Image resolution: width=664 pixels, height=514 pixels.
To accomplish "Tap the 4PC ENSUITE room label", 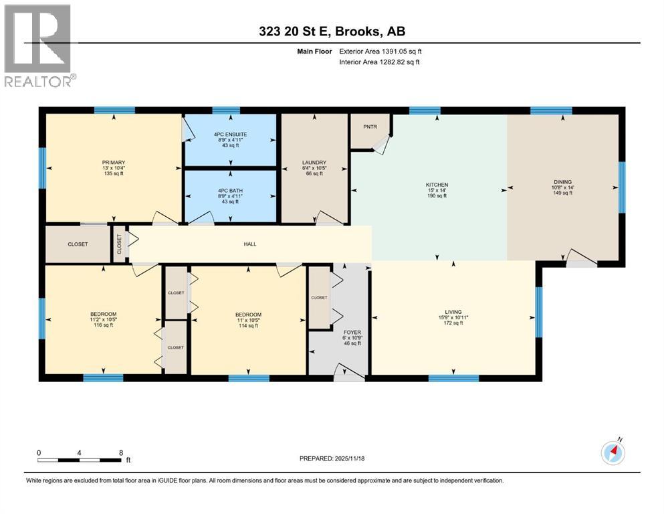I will coord(231,134).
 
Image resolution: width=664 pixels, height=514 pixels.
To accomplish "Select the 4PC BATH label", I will coord(231,191).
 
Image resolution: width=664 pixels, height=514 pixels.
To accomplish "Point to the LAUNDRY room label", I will coord(314,162).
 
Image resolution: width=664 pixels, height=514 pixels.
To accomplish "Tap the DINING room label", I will coord(562,181).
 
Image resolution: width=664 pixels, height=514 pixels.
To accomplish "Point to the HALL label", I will coord(249,244).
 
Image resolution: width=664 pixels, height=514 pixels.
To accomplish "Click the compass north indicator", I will coord(613,452).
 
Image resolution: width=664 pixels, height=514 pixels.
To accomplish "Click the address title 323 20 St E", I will coord(332,31).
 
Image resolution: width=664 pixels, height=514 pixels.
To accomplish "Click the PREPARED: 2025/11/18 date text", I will coord(332,458).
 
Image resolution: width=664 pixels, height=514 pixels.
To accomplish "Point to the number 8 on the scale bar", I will coord(120,452).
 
